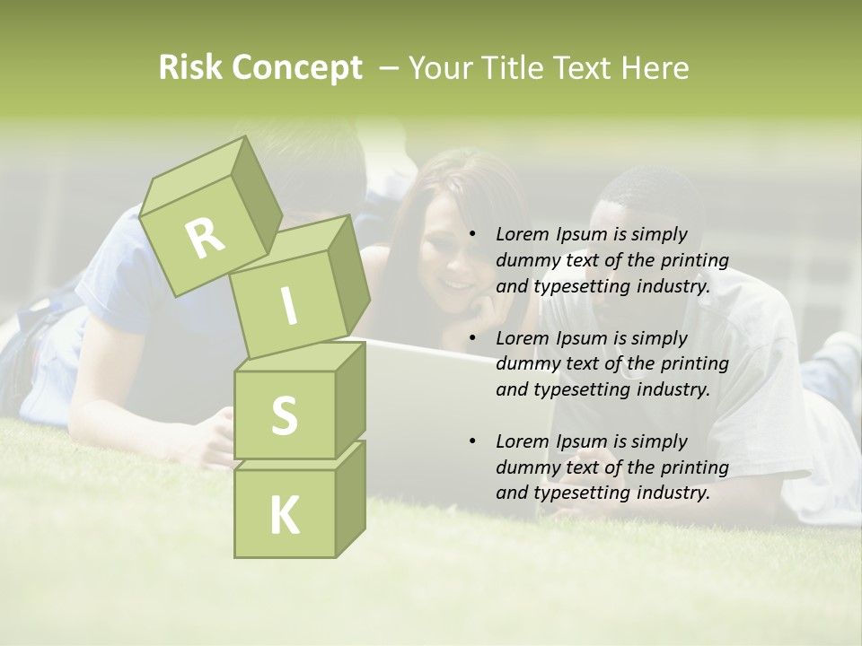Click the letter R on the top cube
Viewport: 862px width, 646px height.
click(x=205, y=238)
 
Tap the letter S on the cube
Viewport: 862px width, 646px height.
click(x=284, y=416)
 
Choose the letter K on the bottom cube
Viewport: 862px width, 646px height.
click(x=284, y=515)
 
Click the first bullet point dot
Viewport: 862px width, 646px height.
click(x=471, y=234)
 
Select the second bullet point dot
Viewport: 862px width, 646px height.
click(x=471, y=338)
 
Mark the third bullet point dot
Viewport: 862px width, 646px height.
click(x=471, y=441)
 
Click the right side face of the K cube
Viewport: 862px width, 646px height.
click(x=350, y=498)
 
